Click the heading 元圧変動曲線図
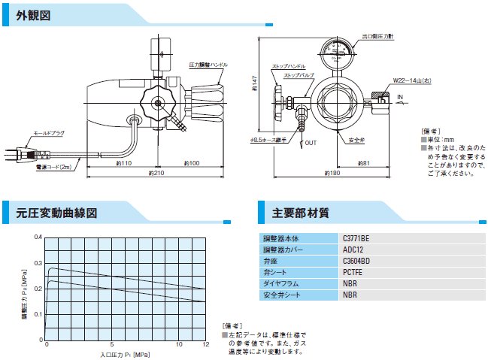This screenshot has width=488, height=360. (57, 213)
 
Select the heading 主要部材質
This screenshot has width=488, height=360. (300, 213)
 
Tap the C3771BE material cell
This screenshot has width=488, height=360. (356, 239)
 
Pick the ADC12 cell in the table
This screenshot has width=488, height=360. (351, 250)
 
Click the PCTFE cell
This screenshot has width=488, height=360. (352, 272)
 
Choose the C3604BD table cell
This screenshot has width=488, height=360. (356, 262)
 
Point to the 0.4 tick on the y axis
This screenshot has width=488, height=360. (38, 237)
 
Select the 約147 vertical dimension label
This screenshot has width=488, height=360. (255, 85)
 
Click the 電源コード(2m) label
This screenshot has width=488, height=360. (53, 167)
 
